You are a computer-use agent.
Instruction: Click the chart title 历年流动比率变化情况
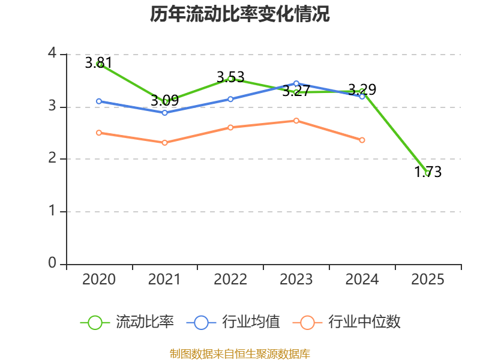coord(240,14)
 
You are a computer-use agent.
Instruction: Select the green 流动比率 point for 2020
coord(99,64)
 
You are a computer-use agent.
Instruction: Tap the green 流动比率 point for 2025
coord(428,173)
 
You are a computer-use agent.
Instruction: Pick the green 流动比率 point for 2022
coord(230,79)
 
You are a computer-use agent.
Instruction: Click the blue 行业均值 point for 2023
coord(296,83)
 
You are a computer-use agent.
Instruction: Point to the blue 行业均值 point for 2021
coord(164,113)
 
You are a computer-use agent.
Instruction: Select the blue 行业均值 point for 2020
coord(99,101)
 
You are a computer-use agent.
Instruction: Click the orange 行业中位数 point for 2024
coord(362,140)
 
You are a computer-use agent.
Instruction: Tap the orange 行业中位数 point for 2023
coord(296,121)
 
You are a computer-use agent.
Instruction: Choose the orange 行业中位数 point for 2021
coord(164,143)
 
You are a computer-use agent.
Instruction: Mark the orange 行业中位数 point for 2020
coord(99,133)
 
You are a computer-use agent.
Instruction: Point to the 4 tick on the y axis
coord(53,54)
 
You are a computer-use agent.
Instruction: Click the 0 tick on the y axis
coord(53,263)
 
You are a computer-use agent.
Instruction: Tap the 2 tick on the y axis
coord(53,159)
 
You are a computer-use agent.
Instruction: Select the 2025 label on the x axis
coord(428,280)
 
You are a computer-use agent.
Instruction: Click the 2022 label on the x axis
coord(230,280)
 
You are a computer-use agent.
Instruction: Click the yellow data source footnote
coord(240,353)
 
